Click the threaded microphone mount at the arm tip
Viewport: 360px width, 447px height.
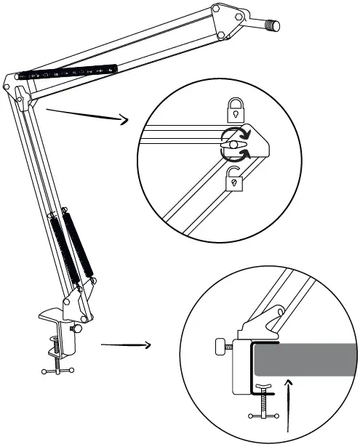coord(271,27)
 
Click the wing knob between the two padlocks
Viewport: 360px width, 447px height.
coord(234,145)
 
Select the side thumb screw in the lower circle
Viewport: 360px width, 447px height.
coord(222,347)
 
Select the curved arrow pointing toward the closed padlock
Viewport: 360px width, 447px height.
coord(247,134)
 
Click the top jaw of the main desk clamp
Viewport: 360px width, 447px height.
coord(52,318)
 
